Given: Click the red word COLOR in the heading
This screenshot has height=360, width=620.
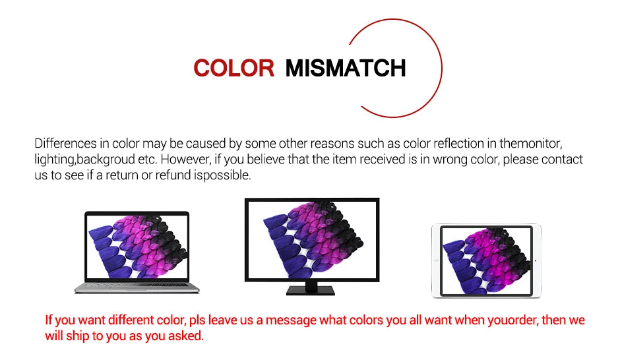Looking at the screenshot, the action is [233, 68].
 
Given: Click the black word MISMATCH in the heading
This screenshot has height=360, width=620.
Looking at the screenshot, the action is [346, 68].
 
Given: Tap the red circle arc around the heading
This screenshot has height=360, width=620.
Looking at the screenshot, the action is [441, 67].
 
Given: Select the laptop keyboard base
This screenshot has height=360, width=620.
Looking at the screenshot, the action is [137, 287].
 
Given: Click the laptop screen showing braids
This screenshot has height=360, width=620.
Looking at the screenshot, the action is [137, 247].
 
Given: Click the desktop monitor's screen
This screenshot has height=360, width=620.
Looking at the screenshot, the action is [312, 239].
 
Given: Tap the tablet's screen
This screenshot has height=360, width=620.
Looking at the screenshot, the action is [486, 261].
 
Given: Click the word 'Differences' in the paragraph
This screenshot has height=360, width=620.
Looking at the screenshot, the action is [66, 143].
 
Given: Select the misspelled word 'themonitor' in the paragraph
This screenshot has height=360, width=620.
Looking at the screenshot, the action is [531, 143].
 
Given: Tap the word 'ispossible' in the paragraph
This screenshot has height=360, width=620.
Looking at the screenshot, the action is [222, 175].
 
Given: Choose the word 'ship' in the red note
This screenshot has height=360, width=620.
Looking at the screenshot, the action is [78, 336].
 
